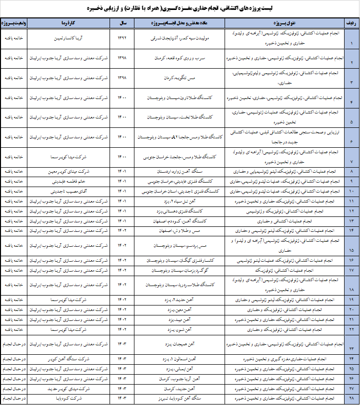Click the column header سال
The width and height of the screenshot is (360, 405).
122,23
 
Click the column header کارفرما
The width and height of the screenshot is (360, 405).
67,23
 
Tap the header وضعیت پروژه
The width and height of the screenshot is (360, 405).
14,23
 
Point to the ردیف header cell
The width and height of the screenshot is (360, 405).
351,23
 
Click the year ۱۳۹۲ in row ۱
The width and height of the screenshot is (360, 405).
122,38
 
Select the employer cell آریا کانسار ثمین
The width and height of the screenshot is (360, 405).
67,38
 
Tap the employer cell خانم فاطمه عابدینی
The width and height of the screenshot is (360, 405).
67,182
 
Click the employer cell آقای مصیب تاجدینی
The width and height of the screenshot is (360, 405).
67,191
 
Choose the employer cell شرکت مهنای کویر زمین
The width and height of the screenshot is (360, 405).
67,172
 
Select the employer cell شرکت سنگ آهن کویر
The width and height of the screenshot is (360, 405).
67,359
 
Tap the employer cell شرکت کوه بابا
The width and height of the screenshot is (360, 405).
67,398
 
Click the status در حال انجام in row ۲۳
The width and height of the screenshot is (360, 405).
14,344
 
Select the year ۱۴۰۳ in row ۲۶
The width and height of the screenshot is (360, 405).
122,378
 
